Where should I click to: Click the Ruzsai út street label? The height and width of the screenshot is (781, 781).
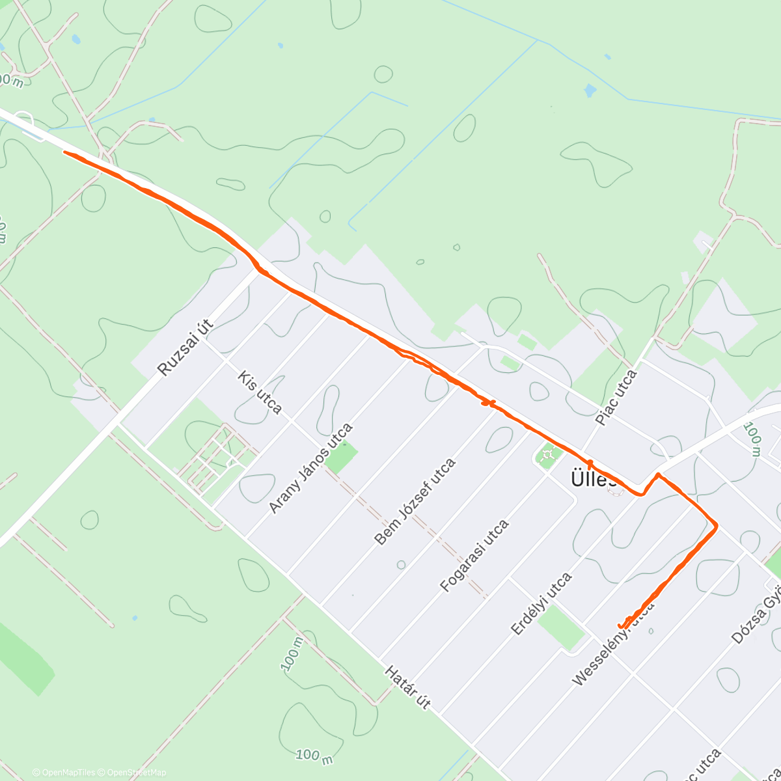186,349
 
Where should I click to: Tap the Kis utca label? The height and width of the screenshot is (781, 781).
260,392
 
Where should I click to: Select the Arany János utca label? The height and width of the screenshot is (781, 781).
311,467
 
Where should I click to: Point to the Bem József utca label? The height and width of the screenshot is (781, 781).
415,501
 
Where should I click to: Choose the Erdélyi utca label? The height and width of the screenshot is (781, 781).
541,603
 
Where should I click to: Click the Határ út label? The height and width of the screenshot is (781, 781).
407,687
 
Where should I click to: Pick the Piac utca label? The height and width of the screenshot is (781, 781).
616,397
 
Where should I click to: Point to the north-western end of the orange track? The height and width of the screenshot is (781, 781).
65,153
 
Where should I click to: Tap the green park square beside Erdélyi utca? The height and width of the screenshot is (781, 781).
561,626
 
